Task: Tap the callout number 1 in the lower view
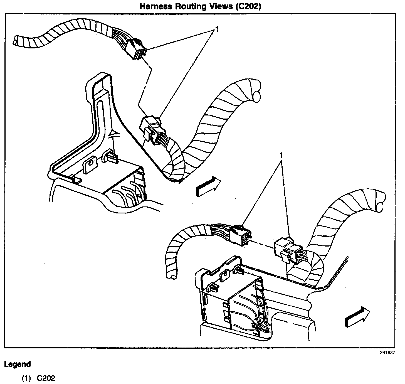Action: (x=281, y=154)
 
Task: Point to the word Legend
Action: (x=18, y=364)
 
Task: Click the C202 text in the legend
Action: (x=46, y=378)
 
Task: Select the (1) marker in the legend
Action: (x=26, y=378)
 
